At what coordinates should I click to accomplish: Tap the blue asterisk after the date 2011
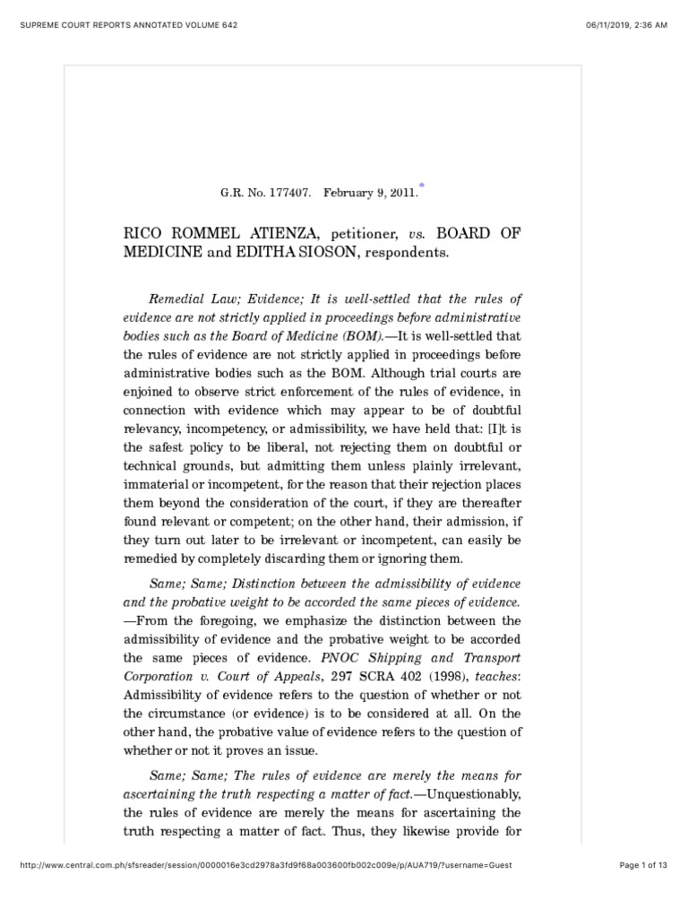[421, 186]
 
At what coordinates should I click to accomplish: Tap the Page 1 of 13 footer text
[644, 890]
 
